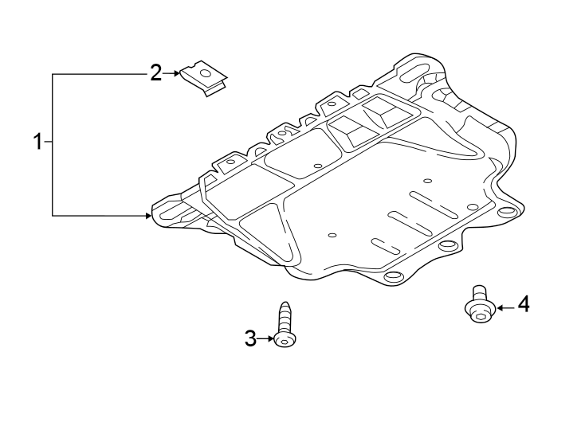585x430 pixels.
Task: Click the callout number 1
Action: [37, 143]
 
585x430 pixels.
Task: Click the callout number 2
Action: [156, 73]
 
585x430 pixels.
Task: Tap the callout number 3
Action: [250, 339]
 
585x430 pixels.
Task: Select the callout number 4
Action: [523, 304]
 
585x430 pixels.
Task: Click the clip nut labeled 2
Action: [204, 78]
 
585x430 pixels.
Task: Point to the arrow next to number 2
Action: [172, 73]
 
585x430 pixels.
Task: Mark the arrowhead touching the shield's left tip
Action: [148, 215]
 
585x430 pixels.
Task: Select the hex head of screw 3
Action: [285, 341]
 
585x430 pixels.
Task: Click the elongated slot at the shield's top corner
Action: [413, 73]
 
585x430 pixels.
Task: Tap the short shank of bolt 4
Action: [479, 291]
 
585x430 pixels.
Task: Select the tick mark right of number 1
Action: [49, 143]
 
